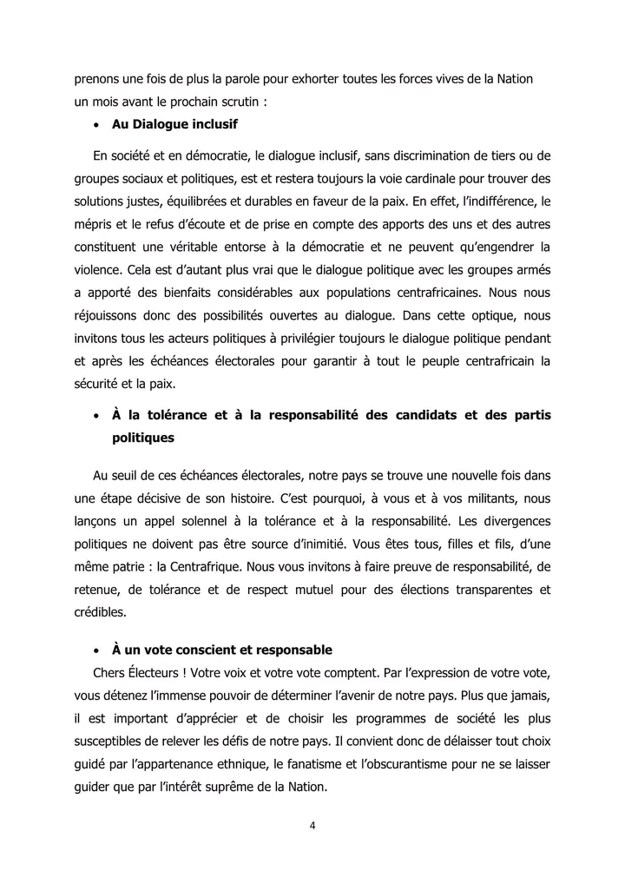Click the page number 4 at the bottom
(312, 826)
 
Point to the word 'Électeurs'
(153, 673)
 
